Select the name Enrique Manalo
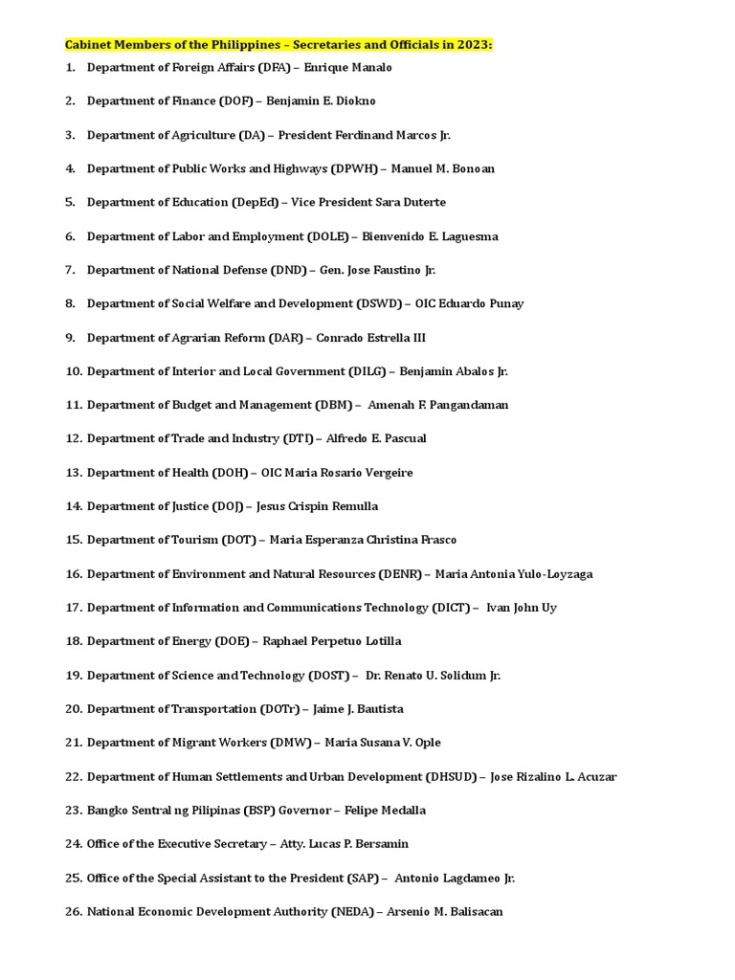coord(347,68)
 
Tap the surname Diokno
coord(354,101)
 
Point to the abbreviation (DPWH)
coord(354,168)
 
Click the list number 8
coord(70,303)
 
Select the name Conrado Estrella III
coord(371,338)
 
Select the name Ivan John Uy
coord(522,608)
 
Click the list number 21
coord(74,743)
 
